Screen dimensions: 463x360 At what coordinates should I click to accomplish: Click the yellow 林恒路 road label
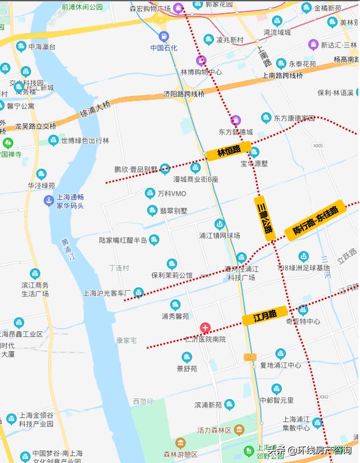click(x=229, y=152)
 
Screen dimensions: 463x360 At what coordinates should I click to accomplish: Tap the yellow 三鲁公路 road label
click(x=264, y=215)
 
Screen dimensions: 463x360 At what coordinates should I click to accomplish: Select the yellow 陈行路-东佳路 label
click(x=315, y=220)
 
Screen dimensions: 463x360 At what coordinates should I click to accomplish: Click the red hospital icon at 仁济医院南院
click(x=205, y=328)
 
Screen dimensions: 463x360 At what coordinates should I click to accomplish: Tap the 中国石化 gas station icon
click(x=164, y=36)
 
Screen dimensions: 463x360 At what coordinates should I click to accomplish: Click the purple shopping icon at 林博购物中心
click(x=201, y=61)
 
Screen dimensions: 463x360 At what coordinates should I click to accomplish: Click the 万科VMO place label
click(x=172, y=194)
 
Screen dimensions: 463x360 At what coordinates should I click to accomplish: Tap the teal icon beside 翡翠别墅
click(x=152, y=211)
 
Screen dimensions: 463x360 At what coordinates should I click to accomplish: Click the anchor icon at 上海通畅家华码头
click(x=49, y=200)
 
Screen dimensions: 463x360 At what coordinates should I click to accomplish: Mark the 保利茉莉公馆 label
click(x=172, y=275)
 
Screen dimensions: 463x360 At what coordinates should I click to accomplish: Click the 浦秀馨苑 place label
click(x=175, y=315)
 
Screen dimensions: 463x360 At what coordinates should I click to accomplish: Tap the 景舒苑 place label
click(x=187, y=369)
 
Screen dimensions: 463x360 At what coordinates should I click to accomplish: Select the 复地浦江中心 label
click(x=280, y=365)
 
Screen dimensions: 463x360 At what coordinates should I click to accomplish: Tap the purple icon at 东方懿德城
click(x=236, y=120)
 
